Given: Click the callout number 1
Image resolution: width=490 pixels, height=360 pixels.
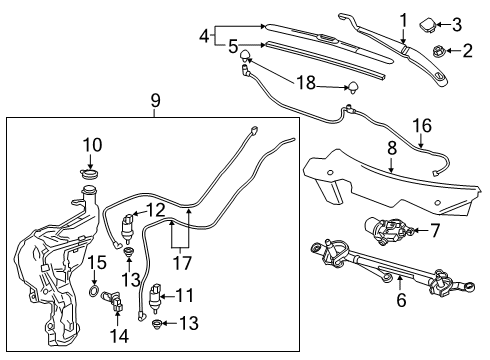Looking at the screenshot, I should pos(404,19).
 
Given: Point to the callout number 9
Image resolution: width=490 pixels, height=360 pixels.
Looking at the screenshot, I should pos(155,101).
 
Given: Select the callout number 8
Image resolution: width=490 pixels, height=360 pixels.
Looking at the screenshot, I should pos(393,146).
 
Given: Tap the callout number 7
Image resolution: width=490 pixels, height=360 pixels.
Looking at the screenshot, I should pos(436,231).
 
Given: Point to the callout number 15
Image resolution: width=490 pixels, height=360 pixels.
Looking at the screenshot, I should pos(97,262).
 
